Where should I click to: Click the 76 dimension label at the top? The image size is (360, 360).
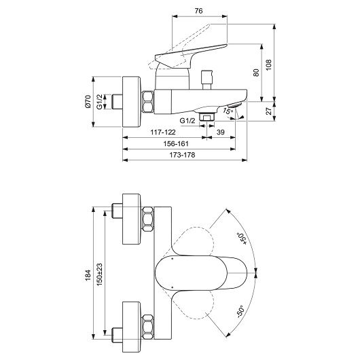pyautogui.click(x=198, y=11)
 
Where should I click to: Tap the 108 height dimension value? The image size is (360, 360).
pyautogui.click(x=268, y=65)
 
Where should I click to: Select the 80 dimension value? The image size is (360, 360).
pyautogui.click(x=256, y=73)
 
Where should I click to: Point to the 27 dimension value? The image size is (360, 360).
pyautogui.click(x=268, y=111)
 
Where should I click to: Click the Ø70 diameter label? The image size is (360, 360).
pyautogui.click(x=88, y=101)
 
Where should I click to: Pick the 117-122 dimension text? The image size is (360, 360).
pyautogui.click(x=163, y=132)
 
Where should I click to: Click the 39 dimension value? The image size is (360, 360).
pyautogui.click(x=221, y=132)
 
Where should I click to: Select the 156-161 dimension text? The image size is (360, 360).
pyautogui.click(x=176, y=144)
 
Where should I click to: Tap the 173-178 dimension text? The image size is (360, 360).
pyautogui.click(x=182, y=155)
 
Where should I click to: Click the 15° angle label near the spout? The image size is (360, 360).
pyautogui.click(x=228, y=111)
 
